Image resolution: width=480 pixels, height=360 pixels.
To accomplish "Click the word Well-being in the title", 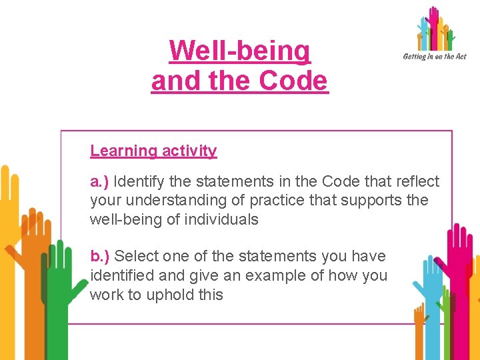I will (240, 51).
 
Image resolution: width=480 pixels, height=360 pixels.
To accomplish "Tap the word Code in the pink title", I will (293, 81).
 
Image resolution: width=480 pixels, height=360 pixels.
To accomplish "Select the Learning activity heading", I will (153, 151).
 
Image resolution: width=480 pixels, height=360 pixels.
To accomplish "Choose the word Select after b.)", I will (136, 256).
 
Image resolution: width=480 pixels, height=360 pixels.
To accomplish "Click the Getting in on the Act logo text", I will (434, 57).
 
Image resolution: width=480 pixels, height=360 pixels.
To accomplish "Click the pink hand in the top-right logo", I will (434, 23).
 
